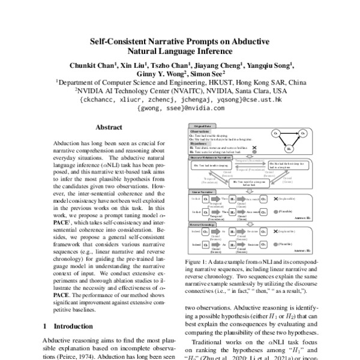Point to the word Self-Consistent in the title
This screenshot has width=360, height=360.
pos(120,41)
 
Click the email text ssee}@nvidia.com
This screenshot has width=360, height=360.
pos(178,109)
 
